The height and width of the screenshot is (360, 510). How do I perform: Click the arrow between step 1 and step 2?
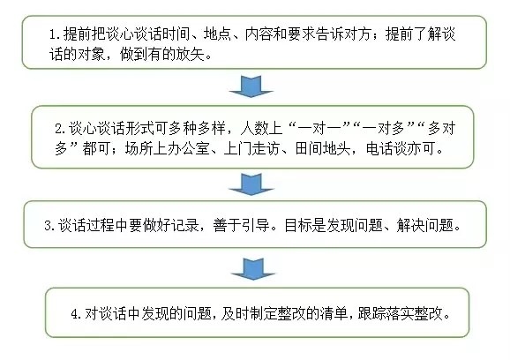tap(251, 86)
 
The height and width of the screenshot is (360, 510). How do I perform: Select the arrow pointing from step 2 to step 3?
tap(251, 184)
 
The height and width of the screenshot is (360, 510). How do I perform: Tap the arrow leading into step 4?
tap(253, 269)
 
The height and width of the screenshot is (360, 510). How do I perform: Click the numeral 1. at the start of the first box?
tap(55, 34)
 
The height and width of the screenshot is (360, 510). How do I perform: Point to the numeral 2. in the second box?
tap(61, 129)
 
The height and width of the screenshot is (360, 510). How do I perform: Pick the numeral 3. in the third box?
tap(50, 225)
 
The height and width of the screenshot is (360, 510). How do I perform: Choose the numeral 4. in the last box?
tap(77, 314)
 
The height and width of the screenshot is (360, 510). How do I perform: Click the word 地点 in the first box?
tap(217, 34)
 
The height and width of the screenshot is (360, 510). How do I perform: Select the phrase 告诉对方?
tap(343, 34)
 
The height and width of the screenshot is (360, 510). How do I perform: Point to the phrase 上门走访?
tap(251, 148)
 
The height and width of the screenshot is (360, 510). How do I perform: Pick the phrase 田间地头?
tap(323, 148)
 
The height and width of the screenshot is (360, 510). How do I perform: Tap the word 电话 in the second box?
tap(379, 148)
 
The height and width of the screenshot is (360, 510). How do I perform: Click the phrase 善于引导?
tap(241, 225)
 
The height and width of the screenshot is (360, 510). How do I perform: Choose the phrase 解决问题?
tap(424, 225)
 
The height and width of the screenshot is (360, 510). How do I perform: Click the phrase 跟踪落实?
tap(386, 314)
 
